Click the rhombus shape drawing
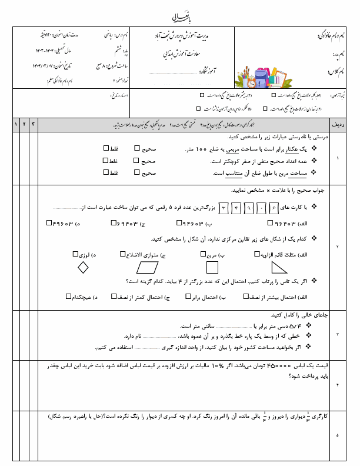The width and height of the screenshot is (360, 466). pos(83,267)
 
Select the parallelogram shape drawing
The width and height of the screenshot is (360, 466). pos(151,268)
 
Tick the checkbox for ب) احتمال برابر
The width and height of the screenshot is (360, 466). pos(188,297)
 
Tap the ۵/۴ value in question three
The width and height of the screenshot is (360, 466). pos(297,324)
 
